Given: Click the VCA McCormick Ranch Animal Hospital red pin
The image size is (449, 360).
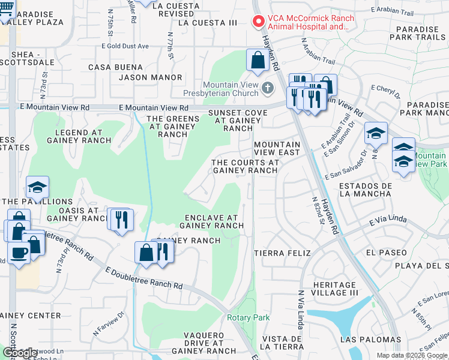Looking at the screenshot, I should point(259,22).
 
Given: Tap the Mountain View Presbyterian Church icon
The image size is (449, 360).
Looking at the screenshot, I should point(268,88).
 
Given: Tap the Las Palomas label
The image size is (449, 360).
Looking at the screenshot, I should point(370,340).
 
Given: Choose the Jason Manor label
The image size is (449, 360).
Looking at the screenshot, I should point(150,77).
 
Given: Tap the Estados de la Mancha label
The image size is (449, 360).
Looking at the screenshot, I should point(365,190).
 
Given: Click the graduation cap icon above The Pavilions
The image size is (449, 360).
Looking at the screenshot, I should point(37,187).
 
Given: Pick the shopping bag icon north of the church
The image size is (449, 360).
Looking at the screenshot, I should point(258,61).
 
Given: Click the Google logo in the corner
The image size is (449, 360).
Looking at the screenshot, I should point(20,353).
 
